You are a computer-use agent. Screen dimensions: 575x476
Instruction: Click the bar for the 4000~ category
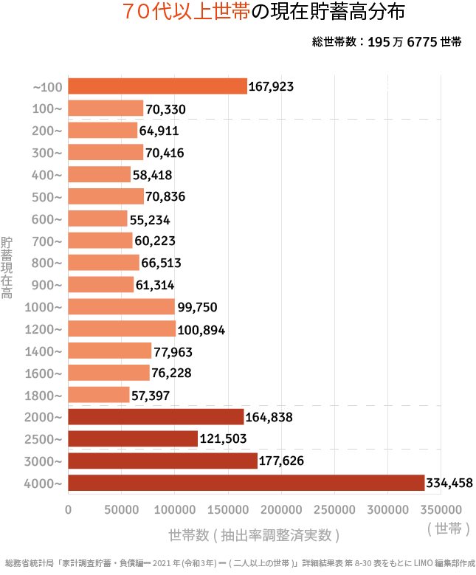tap(246, 483)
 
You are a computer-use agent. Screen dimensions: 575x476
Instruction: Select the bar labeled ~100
tap(157, 86)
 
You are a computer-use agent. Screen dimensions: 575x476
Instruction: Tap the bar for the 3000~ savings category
tap(163, 461)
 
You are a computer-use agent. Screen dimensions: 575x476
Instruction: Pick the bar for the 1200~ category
tap(122, 329)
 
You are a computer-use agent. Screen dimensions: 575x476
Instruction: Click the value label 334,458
tap(449, 483)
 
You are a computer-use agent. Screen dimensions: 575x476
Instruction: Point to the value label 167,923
tap(271, 87)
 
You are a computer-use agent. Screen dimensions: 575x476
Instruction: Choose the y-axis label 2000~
tap(47, 418)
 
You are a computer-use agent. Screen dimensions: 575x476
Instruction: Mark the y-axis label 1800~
tap(47, 396)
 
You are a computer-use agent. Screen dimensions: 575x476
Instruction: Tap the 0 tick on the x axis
tap(69, 509)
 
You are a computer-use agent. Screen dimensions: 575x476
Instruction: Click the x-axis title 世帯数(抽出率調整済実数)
tap(254, 534)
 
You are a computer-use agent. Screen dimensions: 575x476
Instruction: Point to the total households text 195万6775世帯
tap(387, 42)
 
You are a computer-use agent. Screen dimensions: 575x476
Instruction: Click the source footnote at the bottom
tap(238, 562)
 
